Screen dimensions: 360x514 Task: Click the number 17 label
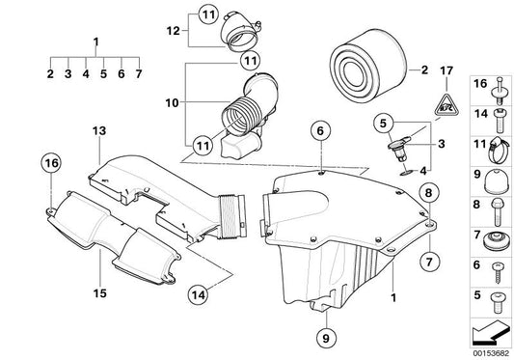click(x=445, y=69)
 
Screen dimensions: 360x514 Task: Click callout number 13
click(x=97, y=144)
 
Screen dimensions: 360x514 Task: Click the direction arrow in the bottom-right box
click(x=491, y=332)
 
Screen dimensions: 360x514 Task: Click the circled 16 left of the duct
click(x=51, y=164)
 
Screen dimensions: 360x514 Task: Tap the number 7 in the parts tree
click(x=139, y=72)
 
